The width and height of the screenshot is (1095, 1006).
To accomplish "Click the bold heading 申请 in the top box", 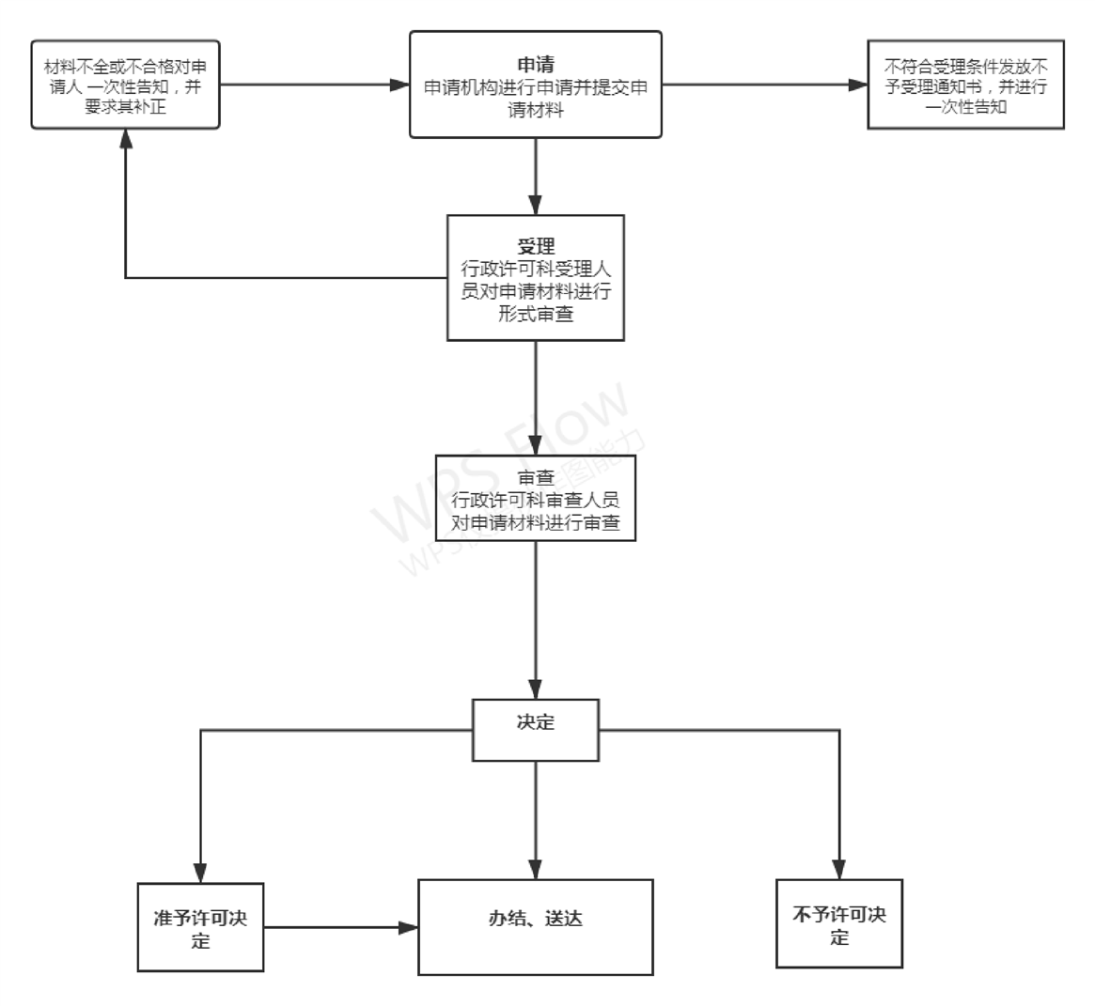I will (536, 65).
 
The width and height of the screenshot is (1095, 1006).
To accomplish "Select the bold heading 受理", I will (536, 248).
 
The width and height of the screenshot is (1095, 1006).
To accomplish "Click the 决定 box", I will (536, 729).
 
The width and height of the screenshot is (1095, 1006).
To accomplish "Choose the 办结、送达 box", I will (536, 926).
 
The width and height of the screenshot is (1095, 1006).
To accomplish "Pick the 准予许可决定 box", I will (200, 927).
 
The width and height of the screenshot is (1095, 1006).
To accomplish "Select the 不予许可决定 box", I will (839, 923).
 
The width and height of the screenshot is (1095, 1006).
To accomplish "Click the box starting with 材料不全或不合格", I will (125, 85).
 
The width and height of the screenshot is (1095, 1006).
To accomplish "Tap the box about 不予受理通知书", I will (966, 85).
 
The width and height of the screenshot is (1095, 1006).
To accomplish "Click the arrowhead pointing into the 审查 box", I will (536, 446).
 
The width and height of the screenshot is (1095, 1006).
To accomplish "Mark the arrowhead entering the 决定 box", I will (536, 689).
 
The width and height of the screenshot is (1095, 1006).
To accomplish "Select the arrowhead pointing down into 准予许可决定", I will (200, 873).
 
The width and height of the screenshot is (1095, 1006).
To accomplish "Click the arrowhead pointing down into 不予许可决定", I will (839, 870).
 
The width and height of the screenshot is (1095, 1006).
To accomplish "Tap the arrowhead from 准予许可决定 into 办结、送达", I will (408, 928).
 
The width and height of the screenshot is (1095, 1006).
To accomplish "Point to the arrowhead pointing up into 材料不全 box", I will (125, 138).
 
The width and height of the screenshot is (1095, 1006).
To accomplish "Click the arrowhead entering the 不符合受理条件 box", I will (857, 85).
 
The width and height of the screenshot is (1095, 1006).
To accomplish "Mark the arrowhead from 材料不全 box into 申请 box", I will (399, 85).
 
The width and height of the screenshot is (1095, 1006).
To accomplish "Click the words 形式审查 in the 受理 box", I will (536, 314).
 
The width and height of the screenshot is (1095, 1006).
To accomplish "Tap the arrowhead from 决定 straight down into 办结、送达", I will (536, 870).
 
